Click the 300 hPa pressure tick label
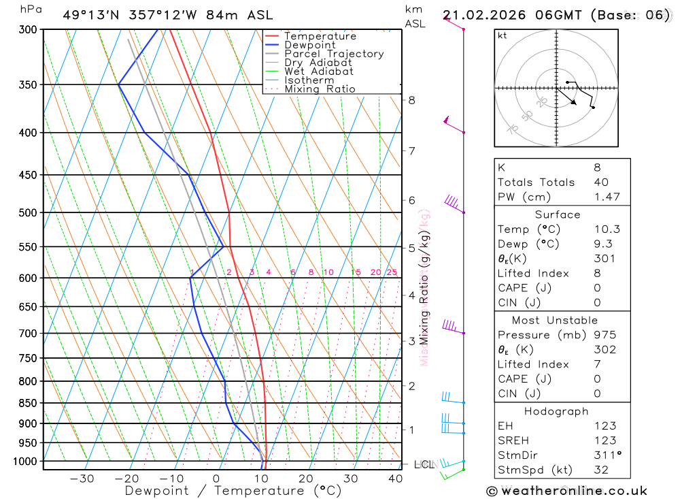click(29, 30)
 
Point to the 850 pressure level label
click(29, 403)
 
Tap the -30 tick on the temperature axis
click(82, 479)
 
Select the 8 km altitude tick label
click(412, 100)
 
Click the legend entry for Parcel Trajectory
click(333, 54)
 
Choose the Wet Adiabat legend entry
click(318, 71)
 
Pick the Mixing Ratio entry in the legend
click(320, 89)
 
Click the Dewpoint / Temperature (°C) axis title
click(233, 491)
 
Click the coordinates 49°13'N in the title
click(90, 15)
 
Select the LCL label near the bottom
click(424, 465)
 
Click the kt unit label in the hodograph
click(503, 36)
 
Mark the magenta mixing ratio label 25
click(392, 272)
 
